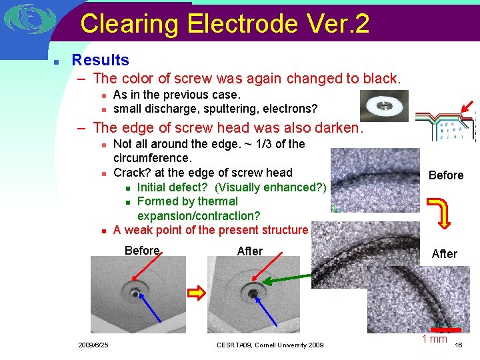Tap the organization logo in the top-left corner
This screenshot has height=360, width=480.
coord(27,20)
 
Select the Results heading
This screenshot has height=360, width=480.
coord(100,60)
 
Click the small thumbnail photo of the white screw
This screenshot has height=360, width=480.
coord(384,105)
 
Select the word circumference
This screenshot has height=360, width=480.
coord(152,158)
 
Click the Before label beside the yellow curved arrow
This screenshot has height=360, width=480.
coord(445,175)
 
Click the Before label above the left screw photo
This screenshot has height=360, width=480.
coord(143,251)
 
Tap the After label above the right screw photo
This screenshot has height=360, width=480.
coord(250,251)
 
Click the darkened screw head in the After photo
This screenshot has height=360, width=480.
coord(253,292)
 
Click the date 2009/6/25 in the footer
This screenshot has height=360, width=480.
coord(93,345)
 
